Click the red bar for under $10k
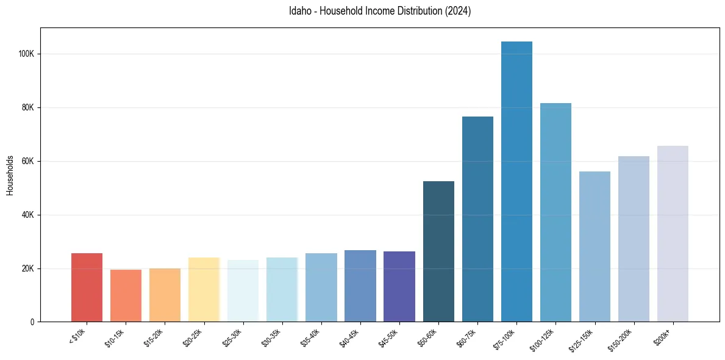coord(87,287)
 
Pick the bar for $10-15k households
coord(126,296)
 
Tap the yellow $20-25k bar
coord(204,290)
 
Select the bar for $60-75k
coord(477,219)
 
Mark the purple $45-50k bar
coord(399,287)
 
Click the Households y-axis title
coord(10,175)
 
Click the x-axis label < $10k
coord(79,337)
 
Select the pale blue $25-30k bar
coord(243,291)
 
